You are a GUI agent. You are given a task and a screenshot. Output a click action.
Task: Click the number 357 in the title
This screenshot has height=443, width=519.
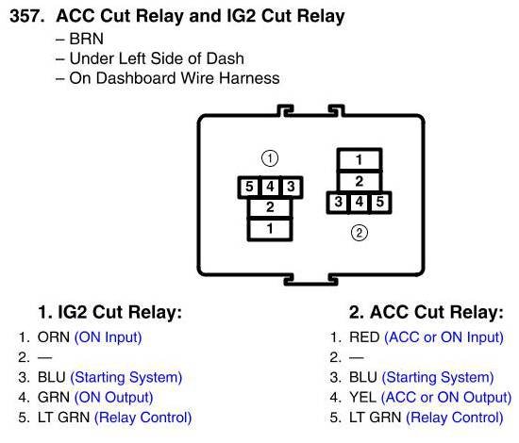coord(26,16)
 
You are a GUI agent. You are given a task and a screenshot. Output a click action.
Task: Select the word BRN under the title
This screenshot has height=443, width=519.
coord(87,39)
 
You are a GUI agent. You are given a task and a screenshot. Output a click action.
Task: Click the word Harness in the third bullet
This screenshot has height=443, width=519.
coord(249,78)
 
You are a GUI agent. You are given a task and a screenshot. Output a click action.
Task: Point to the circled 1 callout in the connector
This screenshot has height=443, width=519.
coord(270,158)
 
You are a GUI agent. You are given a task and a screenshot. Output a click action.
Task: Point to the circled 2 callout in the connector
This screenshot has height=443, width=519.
coord(360,233)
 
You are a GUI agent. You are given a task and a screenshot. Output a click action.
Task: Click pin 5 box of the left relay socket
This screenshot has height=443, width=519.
coord(249,188)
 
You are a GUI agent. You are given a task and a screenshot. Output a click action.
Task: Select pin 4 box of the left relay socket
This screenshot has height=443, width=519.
coord(270,188)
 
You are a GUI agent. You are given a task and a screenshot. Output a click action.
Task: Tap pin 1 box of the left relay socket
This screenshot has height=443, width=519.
coord(270,229)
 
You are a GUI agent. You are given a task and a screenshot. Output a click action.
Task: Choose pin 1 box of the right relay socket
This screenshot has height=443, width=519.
coord(360,160)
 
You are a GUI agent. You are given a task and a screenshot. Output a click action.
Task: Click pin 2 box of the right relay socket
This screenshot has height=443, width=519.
coord(360,182)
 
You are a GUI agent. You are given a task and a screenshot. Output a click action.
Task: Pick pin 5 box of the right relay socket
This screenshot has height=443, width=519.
coord(380,203)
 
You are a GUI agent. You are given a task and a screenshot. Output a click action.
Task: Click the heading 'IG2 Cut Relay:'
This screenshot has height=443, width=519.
coord(120,312)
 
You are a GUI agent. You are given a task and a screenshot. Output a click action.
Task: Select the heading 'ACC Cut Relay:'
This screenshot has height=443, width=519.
coord(437,312)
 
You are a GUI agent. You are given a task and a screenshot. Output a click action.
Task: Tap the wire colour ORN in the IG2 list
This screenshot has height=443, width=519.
coord(54,337)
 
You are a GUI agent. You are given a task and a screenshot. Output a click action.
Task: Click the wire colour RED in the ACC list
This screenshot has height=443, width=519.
coord(364,337)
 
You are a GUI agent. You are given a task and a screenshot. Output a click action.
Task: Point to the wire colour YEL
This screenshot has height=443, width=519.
coord(362,398)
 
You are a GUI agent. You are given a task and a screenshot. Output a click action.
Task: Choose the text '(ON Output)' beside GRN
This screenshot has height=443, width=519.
coord(114,398)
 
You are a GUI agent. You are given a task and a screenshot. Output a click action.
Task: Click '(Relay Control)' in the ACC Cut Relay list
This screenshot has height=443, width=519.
coord(455,418)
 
